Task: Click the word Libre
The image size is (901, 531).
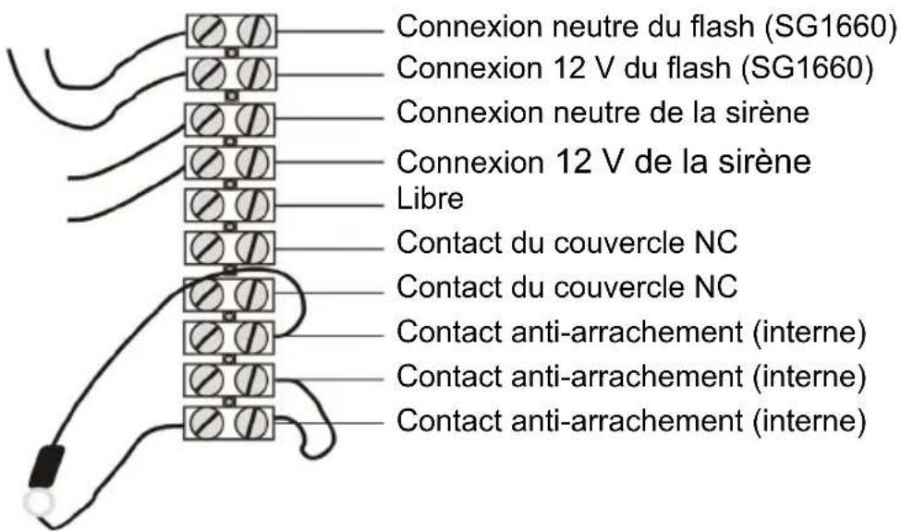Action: pyautogui.click(x=430, y=199)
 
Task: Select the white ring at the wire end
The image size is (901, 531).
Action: pyautogui.click(x=38, y=503)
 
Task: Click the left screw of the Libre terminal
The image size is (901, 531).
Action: pyautogui.click(x=206, y=204)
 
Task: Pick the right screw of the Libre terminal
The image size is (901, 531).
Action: pyautogui.click(x=253, y=204)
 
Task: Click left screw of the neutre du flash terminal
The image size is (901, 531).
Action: pyautogui.click(x=207, y=30)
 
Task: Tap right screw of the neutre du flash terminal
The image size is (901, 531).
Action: pyautogui.click(x=254, y=30)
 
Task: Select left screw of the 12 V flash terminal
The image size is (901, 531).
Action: pyautogui.click(x=207, y=74)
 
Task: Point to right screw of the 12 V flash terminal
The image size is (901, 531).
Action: pyautogui.click(x=254, y=74)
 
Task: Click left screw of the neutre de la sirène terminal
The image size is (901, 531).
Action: pyautogui.click(x=206, y=119)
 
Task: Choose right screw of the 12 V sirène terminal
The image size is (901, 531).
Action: pyautogui.click(x=253, y=163)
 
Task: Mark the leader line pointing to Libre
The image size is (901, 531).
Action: pyautogui.click(x=329, y=205)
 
